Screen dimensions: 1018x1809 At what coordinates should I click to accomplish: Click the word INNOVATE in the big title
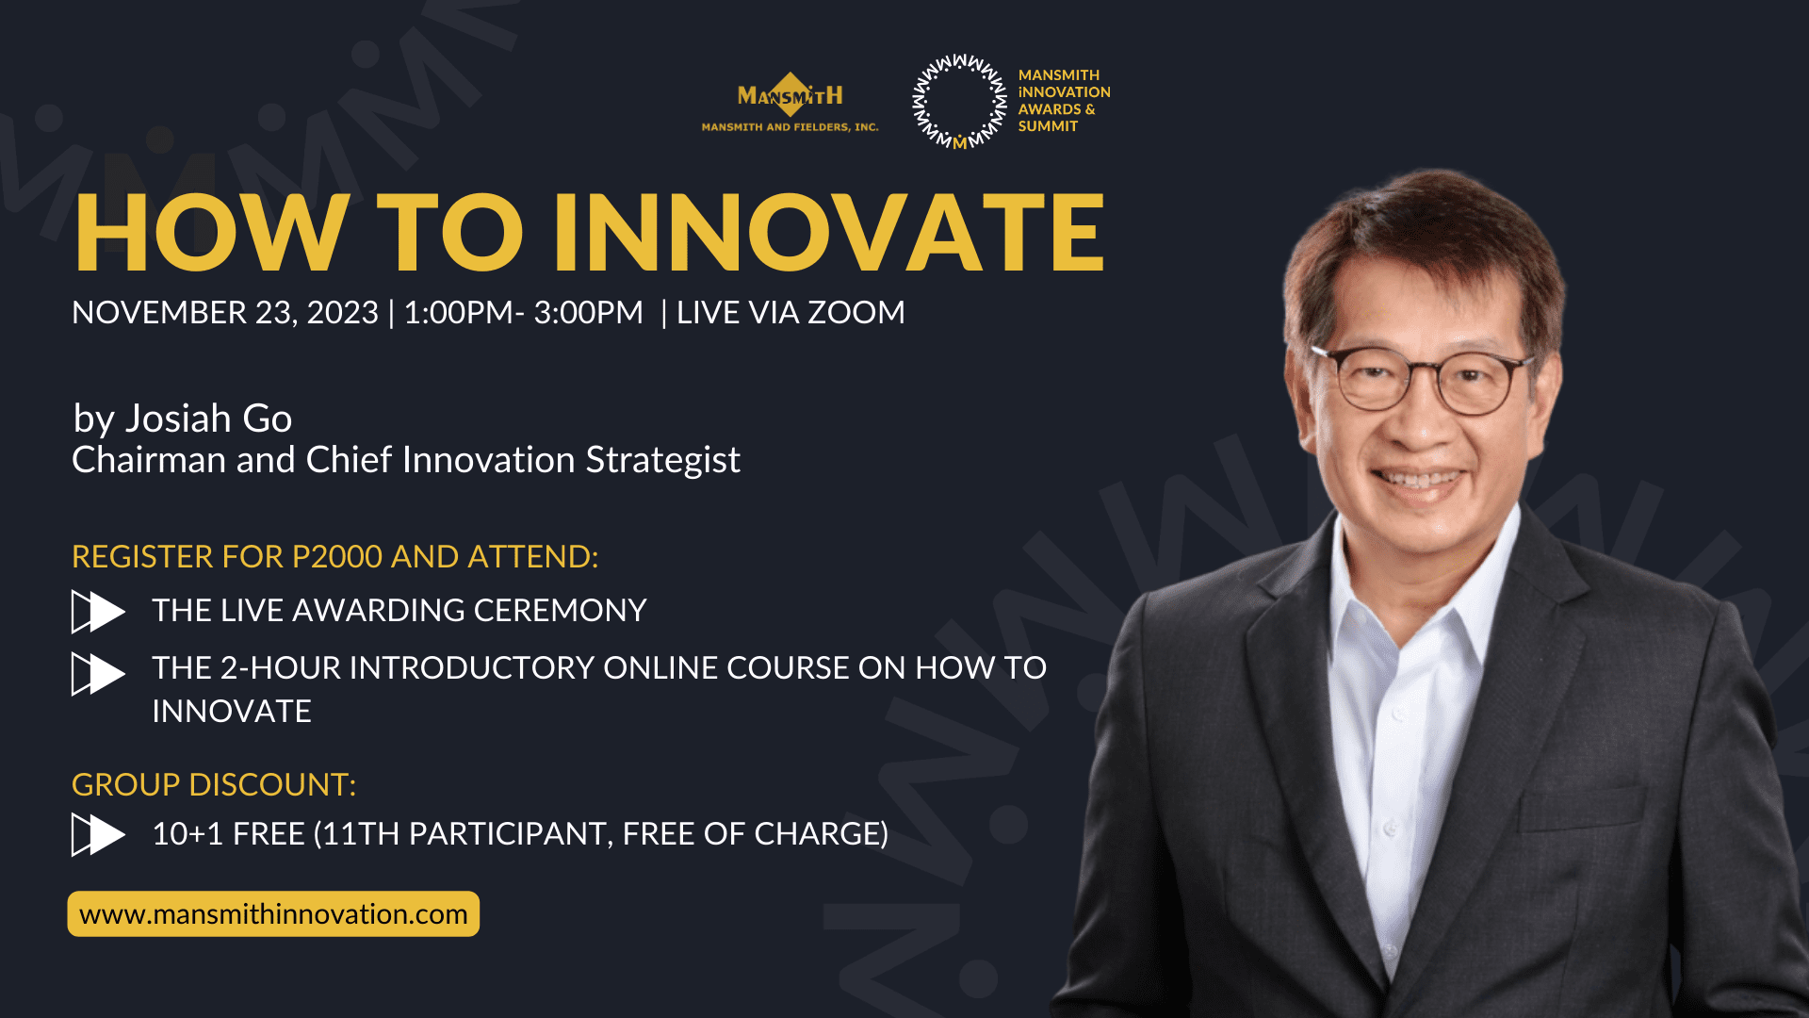829,233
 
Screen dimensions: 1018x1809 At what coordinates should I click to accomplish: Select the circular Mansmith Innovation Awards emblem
959,101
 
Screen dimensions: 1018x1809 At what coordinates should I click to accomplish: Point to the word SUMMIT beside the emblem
1048,126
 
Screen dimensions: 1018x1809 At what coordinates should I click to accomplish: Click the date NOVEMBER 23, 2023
224,312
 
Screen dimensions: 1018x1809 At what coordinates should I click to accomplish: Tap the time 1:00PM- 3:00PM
523,312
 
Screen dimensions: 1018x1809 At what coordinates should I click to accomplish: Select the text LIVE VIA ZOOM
790,312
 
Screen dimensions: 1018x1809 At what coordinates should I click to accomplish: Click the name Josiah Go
208,419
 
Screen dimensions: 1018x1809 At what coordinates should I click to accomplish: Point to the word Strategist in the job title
662,460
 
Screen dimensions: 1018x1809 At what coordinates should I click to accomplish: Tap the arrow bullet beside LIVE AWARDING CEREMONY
97,612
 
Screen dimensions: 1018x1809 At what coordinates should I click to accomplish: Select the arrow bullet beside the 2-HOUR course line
97,674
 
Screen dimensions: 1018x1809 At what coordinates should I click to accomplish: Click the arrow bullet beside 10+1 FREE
97,834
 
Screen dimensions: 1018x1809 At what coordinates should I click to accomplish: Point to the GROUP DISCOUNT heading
214,784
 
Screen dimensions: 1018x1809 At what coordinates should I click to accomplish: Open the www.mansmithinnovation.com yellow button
273,913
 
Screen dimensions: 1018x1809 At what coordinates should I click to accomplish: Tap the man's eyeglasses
1423,380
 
